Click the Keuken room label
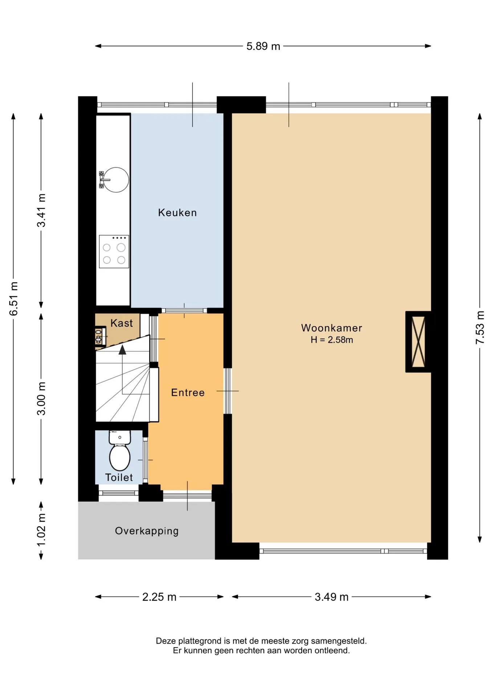pos(177,212)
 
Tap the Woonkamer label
pos(331,328)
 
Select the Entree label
pos(188,392)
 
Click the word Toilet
pos(119,477)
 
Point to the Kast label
pos(122,323)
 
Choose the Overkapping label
pos(147,531)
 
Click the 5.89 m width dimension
pos(263,46)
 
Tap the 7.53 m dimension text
pos(480,327)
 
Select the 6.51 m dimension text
pos(13,298)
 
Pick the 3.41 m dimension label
pos(41,210)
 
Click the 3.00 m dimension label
pos(41,398)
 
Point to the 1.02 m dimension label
pos(41,530)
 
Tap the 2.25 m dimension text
pos(159,597)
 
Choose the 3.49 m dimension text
pos(331,597)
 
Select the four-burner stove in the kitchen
pos(114,252)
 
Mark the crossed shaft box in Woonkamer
pos(418,342)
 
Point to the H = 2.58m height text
pos(331,340)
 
